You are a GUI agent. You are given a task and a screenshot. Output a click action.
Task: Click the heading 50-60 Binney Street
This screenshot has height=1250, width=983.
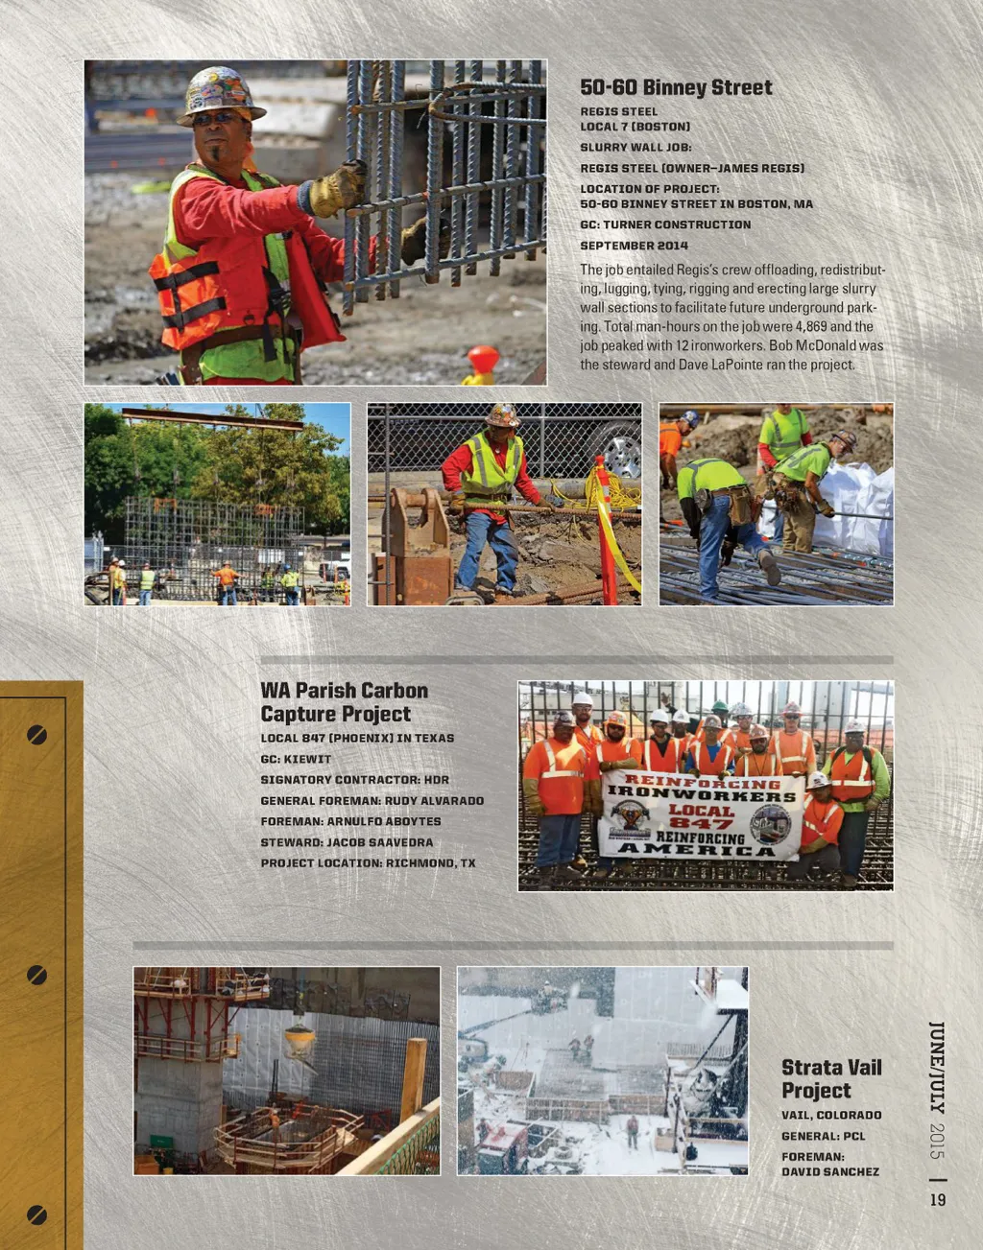pyautogui.click(x=676, y=87)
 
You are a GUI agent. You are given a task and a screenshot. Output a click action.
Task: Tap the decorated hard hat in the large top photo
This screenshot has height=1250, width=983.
pyautogui.click(x=220, y=94)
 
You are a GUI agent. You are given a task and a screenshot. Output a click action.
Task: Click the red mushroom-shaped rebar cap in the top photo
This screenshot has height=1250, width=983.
pyautogui.click(x=483, y=360)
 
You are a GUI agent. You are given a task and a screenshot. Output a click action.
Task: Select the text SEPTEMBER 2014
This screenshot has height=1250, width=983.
pyautogui.click(x=634, y=246)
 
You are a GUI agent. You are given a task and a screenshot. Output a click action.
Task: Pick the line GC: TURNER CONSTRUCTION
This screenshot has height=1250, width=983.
pyautogui.click(x=665, y=224)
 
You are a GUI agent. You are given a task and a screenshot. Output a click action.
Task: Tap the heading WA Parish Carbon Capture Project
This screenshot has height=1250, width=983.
pyautogui.click(x=344, y=701)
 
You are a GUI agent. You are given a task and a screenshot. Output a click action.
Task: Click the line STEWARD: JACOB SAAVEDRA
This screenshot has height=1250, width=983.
pyautogui.click(x=347, y=842)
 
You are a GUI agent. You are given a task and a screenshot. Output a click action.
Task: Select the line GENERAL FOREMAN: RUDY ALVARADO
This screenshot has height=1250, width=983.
pyautogui.click(x=372, y=800)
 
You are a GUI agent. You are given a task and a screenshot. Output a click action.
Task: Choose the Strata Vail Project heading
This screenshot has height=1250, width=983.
pyautogui.click(x=830, y=1078)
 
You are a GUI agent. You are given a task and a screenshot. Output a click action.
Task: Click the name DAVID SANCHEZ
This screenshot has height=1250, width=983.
pyautogui.click(x=829, y=1171)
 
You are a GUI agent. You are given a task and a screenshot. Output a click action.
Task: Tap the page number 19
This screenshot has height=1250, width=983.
pyautogui.click(x=938, y=1199)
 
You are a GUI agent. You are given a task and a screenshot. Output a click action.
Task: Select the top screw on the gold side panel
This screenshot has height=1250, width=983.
pyautogui.click(x=36, y=735)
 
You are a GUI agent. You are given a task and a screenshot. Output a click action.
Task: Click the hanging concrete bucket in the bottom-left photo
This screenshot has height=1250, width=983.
pyautogui.click(x=300, y=1039)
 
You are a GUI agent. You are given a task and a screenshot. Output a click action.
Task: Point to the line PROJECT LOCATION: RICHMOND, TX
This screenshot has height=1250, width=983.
pyautogui.click(x=368, y=862)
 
